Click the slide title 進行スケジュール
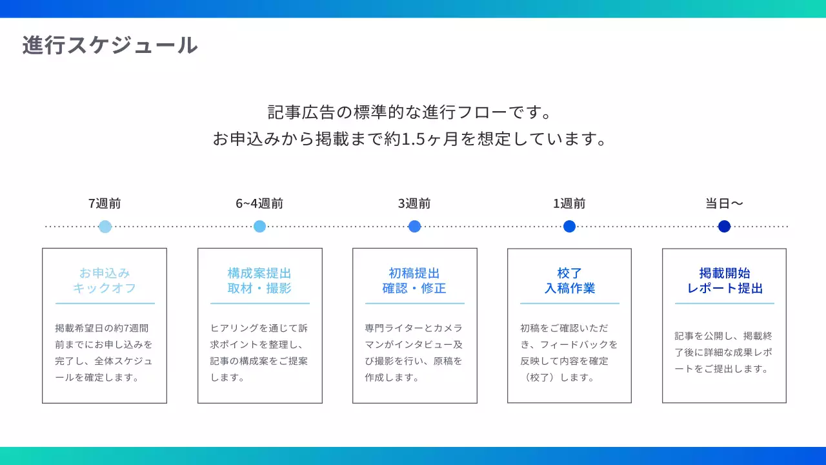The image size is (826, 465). click(110, 45)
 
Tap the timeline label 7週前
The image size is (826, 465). click(105, 203)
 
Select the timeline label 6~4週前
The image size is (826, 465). click(259, 203)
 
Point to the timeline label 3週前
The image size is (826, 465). click(414, 203)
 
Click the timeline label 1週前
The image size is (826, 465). click(569, 203)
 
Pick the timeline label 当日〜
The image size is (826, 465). click(724, 203)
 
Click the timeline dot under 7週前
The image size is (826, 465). click(105, 227)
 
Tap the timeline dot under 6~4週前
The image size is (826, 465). click(260, 226)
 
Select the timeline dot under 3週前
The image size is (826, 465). click(415, 226)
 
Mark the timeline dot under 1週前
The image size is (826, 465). click(569, 226)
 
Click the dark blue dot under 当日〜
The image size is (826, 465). click(724, 226)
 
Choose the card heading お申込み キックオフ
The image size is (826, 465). click(105, 280)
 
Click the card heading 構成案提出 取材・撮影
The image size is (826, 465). click(259, 280)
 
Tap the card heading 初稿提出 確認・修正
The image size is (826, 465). click(414, 280)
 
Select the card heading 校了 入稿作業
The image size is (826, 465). click(569, 280)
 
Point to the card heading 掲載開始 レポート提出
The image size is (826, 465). click(724, 280)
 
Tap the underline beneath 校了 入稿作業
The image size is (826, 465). click(569, 304)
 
